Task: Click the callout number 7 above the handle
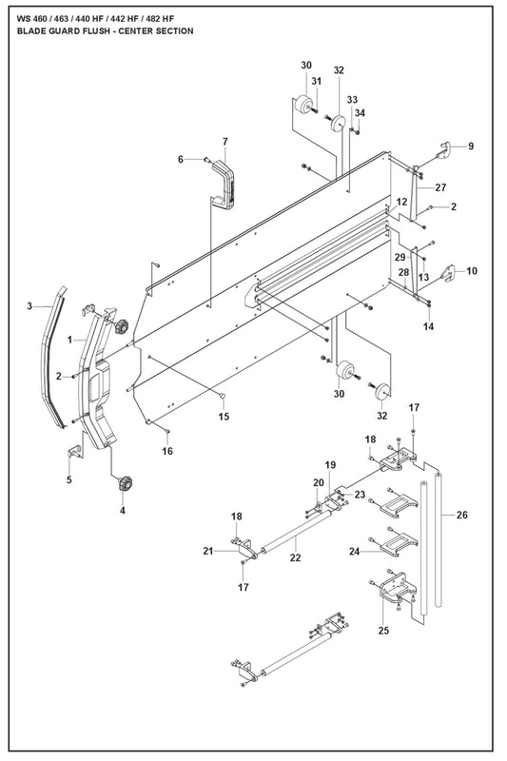click(225, 142)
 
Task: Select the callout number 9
click(471, 146)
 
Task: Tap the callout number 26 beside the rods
click(462, 515)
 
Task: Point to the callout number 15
click(224, 417)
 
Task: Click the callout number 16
click(167, 451)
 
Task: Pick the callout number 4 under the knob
click(123, 511)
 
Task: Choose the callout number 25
click(383, 631)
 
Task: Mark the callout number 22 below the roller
click(296, 558)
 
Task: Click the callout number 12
click(401, 202)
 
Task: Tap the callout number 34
click(360, 113)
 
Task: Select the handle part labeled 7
click(224, 185)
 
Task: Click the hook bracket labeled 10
click(448, 273)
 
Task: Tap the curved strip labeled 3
click(53, 357)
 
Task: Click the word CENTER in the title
click(134, 31)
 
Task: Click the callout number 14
click(428, 326)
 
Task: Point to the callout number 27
click(440, 187)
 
